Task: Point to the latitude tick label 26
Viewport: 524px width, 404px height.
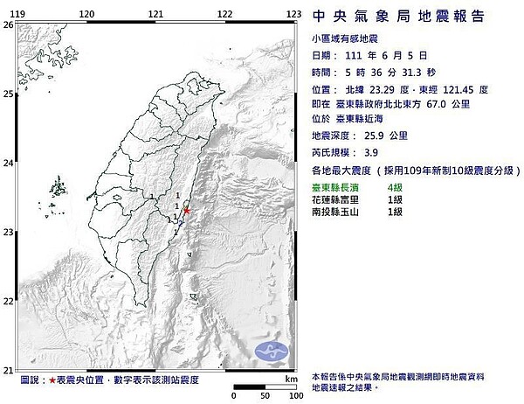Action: [x=7, y=25]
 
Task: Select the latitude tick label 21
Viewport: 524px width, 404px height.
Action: [x=7, y=369]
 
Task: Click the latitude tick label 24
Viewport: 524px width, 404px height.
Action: [x=7, y=163]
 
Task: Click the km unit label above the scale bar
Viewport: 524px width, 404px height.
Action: [x=290, y=379]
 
